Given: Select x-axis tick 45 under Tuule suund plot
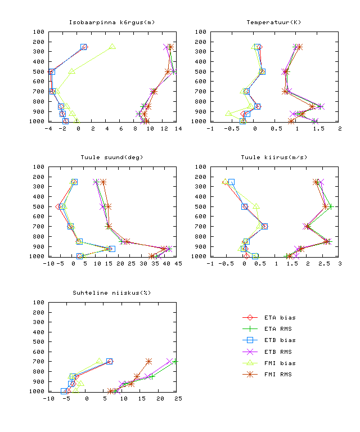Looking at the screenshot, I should [x=176, y=264].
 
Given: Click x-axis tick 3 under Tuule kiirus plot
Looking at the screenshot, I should [x=339, y=264].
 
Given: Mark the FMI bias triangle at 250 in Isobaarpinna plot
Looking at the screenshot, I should [x=112, y=47].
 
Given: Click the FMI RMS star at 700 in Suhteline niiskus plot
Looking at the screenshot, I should [x=148, y=361].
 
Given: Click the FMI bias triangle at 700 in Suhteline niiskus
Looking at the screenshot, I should [x=100, y=361].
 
